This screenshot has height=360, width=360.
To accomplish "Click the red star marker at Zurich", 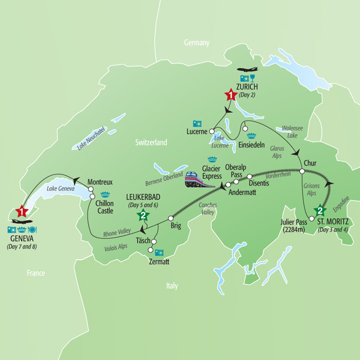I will (x=230, y=94).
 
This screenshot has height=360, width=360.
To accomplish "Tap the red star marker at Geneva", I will (x=22, y=212).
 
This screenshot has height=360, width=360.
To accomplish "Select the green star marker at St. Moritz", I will (x=320, y=211).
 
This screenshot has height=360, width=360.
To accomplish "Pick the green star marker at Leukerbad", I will (x=142, y=216).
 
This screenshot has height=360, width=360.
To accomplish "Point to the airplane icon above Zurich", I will (x=247, y=69).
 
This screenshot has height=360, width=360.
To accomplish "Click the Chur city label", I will (x=310, y=163).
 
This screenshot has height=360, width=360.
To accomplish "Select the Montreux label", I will (x=100, y=181).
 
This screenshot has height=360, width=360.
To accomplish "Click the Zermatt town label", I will (x=160, y=262).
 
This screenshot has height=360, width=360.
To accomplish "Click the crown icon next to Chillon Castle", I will (x=105, y=194).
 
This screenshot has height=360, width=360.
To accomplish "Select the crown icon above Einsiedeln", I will (x=251, y=136).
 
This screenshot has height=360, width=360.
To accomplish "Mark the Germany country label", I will (x=197, y=43).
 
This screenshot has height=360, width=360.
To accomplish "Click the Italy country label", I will (x=172, y=286).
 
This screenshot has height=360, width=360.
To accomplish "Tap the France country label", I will (x=35, y=273).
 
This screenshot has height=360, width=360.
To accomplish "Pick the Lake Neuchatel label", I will (x=86, y=139).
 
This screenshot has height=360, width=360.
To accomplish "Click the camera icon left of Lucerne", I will (x=197, y=124).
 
